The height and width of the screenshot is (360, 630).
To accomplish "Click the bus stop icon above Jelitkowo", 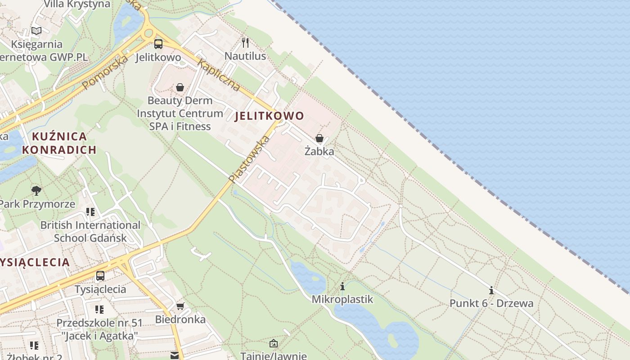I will [158, 44].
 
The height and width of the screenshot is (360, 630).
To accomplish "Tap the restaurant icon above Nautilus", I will [245, 43].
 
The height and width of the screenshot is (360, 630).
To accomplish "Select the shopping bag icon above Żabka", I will [319, 138].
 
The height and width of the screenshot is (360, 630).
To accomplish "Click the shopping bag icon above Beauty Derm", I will [180, 87].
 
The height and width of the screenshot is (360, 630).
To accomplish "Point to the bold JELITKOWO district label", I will [270, 116].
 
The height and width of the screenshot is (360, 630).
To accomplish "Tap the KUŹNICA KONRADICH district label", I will [59, 143].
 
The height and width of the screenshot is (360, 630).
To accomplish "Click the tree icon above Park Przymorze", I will [36, 191].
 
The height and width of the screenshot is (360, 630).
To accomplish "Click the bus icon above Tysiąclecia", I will [100, 275].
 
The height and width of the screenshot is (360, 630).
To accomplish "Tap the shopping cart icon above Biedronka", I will [180, 306].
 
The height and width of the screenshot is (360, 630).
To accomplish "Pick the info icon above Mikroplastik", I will [342, 286].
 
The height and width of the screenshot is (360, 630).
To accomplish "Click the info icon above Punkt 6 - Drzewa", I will [491, 290].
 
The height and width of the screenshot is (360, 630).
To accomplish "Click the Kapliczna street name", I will [218, 75].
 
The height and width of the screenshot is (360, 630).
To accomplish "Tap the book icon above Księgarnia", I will [36, 31].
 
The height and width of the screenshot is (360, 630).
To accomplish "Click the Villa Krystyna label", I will [77, 4].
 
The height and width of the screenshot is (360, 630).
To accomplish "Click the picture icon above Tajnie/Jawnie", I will [274, 344].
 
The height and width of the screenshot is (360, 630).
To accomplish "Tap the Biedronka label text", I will [180, 320].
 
